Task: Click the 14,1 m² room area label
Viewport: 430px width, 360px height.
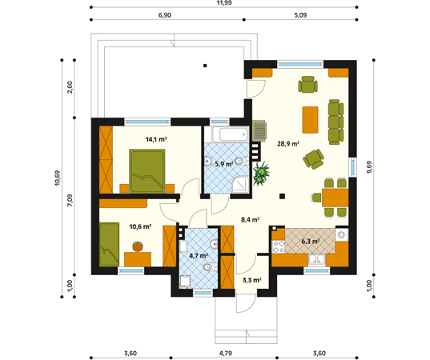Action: pos(156,139)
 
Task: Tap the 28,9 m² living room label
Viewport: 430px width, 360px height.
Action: pos(287,143)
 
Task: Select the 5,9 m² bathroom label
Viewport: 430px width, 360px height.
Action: pos(224,164)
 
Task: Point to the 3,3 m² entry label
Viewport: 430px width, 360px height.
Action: pos(251,280)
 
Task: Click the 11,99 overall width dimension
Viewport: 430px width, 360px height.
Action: pos(224,3)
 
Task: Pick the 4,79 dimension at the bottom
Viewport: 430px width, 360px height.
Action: pos(226,354)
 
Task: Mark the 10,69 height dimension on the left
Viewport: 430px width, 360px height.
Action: pos(58,178)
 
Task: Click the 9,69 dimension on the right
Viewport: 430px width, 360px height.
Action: pos(369,167)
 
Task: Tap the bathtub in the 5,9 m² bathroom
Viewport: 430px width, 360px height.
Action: pos(231,134)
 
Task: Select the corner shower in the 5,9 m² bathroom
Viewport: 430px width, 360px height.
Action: pos(240,185)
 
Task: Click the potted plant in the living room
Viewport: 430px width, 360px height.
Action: pos(261,174)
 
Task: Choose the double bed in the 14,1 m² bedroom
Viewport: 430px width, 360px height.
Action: pos(147,171)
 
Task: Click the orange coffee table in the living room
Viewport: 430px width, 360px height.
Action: pos(310,120)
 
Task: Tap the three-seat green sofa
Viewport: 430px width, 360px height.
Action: pos(336,122)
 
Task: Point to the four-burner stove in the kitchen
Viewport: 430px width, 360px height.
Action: pos(279,246)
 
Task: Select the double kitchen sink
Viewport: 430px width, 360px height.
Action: pos(317,259)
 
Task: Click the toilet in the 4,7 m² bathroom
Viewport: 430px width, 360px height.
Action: pos(210,266)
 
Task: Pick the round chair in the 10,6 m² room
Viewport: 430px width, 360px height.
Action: pos(138,246)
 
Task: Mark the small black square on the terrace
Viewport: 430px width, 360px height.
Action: pos(205,66)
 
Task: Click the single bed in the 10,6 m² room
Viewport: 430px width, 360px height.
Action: pos(109,244)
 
